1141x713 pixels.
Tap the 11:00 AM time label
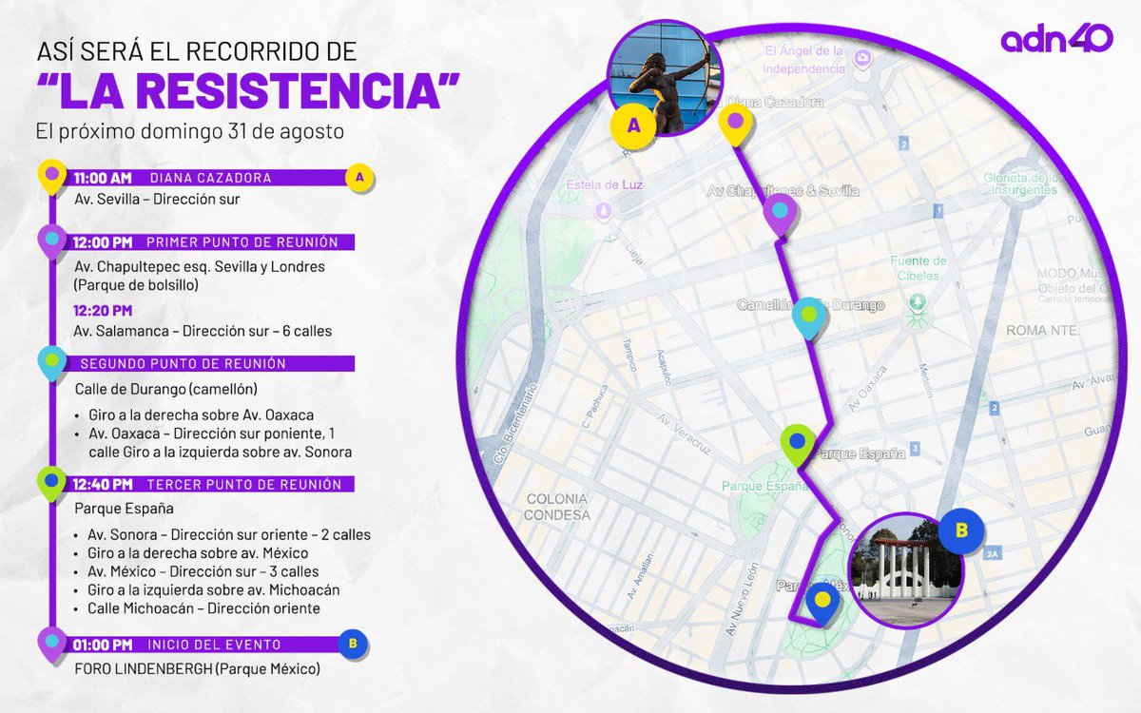point(102,178)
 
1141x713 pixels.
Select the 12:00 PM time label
point(102,242)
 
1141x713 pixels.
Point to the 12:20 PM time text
point(103,310)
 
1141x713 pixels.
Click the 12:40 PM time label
point(102,485)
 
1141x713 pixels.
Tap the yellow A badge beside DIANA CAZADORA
point(358,177)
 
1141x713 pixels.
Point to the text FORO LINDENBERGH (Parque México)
point(197,670)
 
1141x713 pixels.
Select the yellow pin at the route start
point(734,125)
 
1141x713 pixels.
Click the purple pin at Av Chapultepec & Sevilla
point(780,213)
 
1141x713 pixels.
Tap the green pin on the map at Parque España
point(797,443)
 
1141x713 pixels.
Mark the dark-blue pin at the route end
point(822,602)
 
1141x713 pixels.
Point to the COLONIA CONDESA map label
point(557,506)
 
